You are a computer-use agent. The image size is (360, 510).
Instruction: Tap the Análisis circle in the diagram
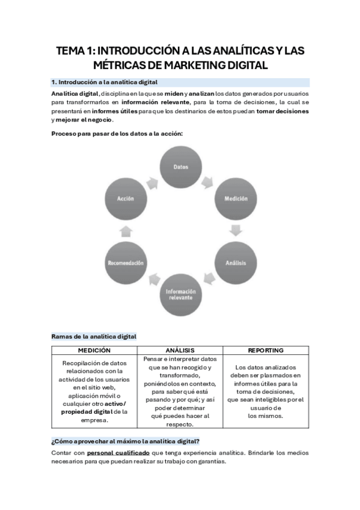(x=236, y=263)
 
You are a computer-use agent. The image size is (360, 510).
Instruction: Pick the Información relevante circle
(x=180, y=295)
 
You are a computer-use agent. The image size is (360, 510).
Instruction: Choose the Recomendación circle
(x=125, y=263)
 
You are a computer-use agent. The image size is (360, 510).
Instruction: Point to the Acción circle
(x=125, y=198)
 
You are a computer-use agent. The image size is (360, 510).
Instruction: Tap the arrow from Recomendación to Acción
(x=125, y=230)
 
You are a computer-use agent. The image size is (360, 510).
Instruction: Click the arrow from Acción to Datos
(x=151, y=180)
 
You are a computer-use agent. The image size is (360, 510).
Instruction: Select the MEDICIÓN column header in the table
(x=94, y=350)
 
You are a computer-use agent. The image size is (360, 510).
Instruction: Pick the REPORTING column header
(x=265, y=350)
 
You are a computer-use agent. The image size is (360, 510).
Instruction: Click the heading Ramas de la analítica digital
(x=94, y=336)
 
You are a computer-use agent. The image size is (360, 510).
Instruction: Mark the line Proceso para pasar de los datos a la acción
(x=117, y=133)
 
